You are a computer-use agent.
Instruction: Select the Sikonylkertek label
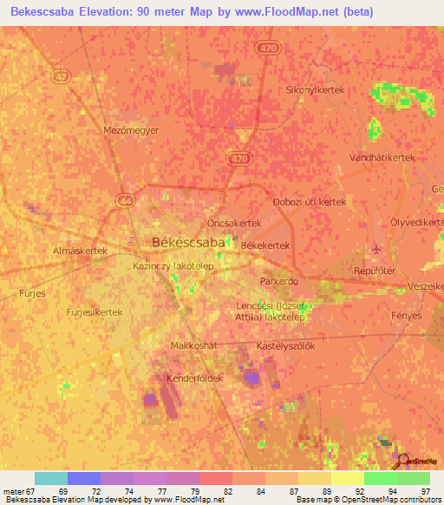(x=316, y=89)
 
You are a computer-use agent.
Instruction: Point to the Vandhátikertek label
(x=382, y=158)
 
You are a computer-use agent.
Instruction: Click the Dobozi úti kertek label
(x=310, y=201)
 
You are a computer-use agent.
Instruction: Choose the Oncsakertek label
(x=234, y=222)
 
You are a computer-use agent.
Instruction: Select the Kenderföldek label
(x=194, y=378)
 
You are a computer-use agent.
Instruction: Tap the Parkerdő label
(x=279, y=282)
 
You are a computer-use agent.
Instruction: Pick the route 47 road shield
(x=60, y=77)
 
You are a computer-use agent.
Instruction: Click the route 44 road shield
(x=126, y=200)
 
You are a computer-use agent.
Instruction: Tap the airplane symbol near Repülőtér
(x=375, y=250)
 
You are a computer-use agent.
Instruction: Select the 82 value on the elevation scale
(x=227, y=492)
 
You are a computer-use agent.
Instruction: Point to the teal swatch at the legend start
(x=51, y=478)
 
